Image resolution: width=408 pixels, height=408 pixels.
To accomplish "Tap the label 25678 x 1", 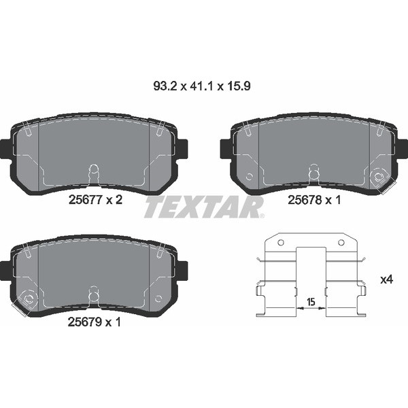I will (x=315, y=200).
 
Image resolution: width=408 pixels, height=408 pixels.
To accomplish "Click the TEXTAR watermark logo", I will (x=203, y=206).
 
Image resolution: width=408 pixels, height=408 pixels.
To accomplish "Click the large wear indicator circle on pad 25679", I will (x=29, y=299).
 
